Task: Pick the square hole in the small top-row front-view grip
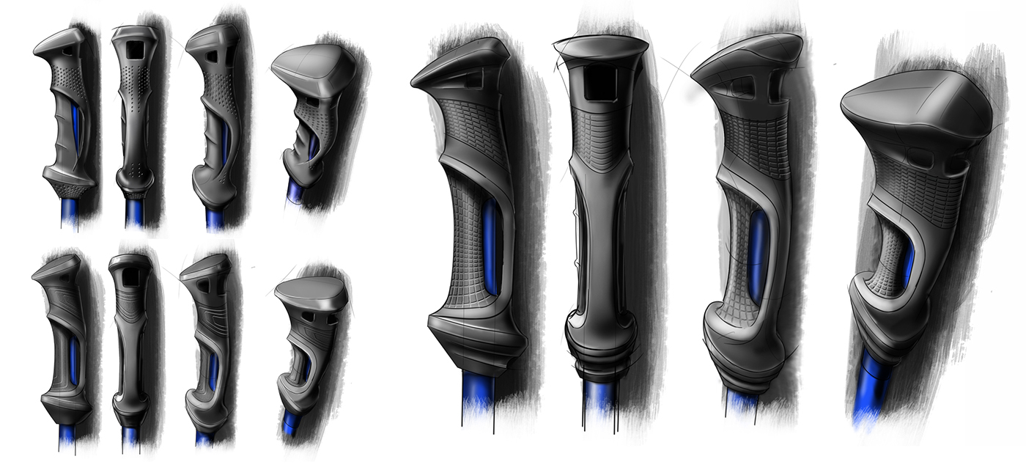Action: click(134, 49)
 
